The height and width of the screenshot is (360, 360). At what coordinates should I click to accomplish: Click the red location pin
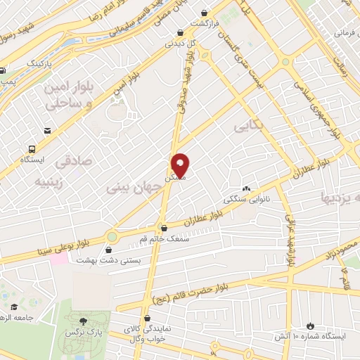[x=181, y=166]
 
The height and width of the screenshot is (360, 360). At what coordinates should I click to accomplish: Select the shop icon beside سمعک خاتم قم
[x=164, y=228]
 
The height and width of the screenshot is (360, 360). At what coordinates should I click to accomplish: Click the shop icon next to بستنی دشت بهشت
[x=108, y=250]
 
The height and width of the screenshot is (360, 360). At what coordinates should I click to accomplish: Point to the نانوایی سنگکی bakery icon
[x=246, y=188]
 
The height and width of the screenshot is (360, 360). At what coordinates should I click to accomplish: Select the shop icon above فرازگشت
[x=204, y=13]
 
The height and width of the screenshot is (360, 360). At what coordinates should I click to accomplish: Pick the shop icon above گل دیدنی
[x=181, y=32]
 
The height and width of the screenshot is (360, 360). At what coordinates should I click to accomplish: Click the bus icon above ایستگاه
[x=32, y=149]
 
